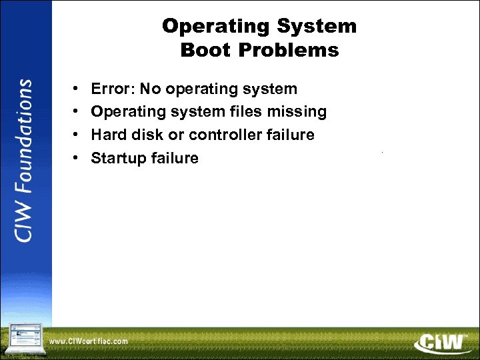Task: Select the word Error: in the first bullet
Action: coord(113,89)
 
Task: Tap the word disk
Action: coord(142,135)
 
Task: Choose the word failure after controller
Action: coord(291,135)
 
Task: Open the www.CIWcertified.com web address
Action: coord(89,341)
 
